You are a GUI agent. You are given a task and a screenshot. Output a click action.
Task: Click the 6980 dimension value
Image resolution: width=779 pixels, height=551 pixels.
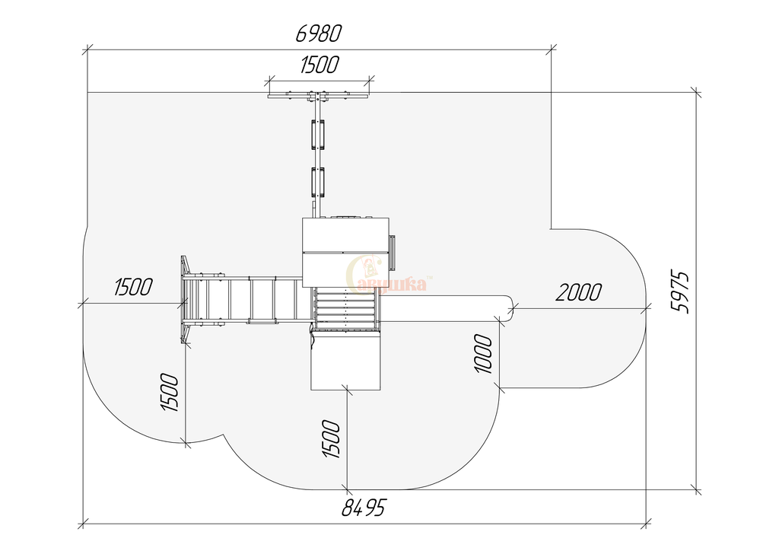[x=319, y=33]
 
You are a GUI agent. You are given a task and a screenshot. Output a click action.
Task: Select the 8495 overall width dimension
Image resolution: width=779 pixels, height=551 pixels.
[x=363, y=508]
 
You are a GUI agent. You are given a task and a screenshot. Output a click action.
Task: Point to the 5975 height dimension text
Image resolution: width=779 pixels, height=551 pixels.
[x=681, y=292]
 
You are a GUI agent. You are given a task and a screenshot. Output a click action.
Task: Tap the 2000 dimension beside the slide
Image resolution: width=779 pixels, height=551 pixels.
[x=578, y=292]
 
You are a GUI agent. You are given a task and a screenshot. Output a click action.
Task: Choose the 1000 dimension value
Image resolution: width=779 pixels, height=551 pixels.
[x=484, y=354]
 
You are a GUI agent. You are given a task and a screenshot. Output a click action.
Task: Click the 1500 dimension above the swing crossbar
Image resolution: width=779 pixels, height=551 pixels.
[x=320, y=65]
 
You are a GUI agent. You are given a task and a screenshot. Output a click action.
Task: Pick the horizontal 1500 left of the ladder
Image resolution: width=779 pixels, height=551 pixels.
[x=133, y=287]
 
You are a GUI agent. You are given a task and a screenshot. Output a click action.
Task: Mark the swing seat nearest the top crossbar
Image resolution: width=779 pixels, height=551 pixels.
[x=318, y=135]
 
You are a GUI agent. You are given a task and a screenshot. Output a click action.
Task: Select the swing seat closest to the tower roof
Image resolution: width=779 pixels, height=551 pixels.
[x=318, y=183]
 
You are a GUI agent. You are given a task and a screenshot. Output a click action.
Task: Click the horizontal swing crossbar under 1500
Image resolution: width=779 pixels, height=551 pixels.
[x=319, y=96]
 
